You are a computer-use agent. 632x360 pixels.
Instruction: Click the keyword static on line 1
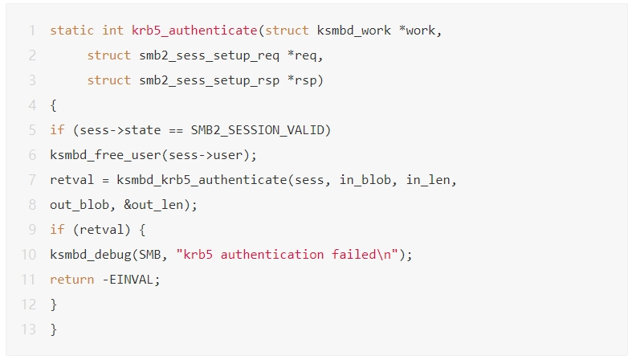point(72,31)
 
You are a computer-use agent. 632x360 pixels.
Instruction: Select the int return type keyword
point(112,31)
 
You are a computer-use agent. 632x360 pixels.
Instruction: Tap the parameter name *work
point(422,31)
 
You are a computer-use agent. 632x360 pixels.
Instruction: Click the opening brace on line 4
point(53,105)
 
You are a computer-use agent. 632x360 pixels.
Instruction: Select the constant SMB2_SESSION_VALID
point(261,130)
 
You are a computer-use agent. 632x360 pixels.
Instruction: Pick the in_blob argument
point(365,180)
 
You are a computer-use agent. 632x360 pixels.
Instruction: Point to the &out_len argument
point(157,205)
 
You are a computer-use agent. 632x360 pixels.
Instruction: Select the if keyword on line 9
point(57,230)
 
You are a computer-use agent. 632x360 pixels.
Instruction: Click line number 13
point(29,329)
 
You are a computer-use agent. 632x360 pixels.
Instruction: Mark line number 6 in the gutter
point(32,155)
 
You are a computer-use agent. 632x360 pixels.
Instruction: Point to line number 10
point(29,255)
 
